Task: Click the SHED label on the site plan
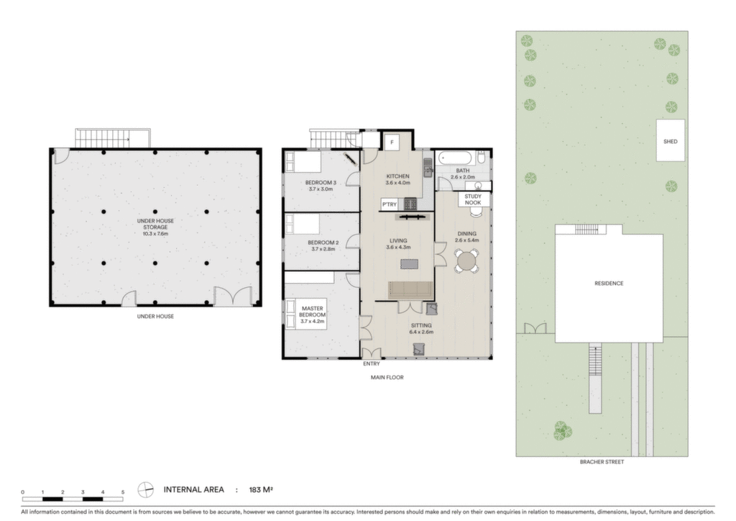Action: (670, 142)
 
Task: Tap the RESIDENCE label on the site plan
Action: (609, 284)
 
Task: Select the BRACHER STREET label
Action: (602, 462)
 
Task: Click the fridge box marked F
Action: (392, 142)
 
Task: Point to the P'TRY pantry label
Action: (389, 204)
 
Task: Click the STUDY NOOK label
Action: (473, 199)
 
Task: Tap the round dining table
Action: (466, 260)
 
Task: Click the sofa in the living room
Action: (410, 290)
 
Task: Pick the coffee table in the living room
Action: (409, 264)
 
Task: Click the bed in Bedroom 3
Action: (303, 162)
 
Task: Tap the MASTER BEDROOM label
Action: (312, 314)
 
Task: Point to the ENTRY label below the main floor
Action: (372, 363)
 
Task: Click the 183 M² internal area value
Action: (261, 489)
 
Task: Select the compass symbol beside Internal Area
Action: (145, 489)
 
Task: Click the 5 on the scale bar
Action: (123, 492)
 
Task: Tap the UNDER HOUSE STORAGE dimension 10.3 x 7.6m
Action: (155, 233)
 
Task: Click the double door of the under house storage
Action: (234, 296)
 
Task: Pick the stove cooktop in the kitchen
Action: (410, 204)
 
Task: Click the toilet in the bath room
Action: (481, 157)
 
